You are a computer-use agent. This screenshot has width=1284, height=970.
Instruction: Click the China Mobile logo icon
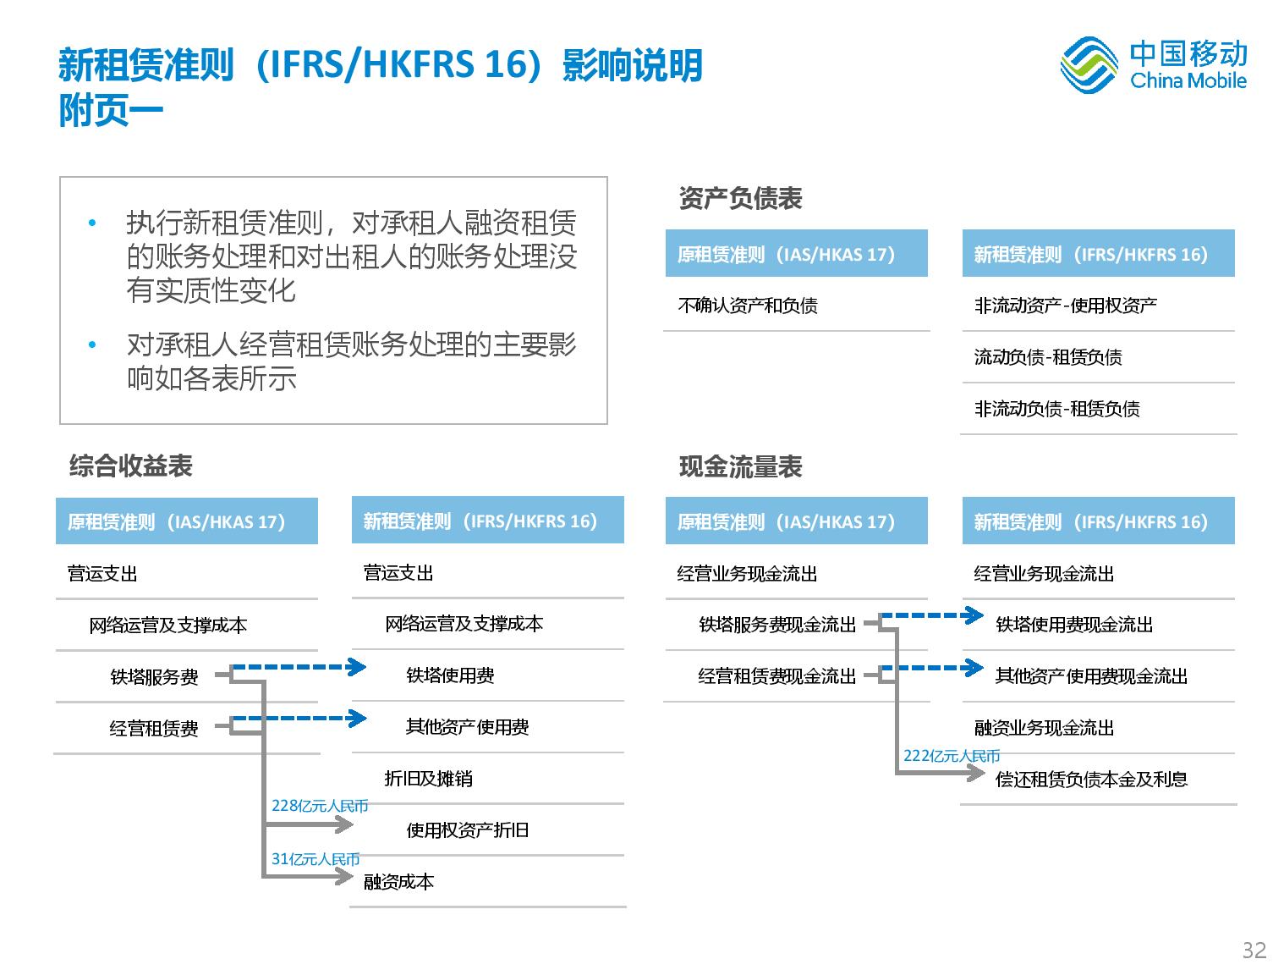1088,64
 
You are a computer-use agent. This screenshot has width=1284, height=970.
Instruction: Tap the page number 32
1254,950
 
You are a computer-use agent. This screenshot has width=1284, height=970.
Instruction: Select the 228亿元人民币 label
320,806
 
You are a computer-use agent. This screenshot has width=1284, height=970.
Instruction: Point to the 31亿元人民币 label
316,859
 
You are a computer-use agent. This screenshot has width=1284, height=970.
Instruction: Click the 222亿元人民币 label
951,756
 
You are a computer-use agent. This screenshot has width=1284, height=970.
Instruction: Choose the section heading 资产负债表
740,198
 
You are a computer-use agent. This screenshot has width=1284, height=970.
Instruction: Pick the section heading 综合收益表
130,466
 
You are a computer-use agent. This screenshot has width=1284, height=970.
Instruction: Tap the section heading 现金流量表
740,466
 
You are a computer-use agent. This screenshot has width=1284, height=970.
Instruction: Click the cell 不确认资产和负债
748,305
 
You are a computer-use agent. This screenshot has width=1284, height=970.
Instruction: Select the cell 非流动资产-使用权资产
1065,305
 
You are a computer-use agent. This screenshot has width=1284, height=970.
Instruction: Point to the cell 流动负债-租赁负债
1048,356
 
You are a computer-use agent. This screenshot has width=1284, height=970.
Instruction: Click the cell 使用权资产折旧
468,829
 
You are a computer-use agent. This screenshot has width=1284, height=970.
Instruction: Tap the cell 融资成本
398,881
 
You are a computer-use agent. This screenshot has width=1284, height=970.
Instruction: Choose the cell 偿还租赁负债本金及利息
1091,780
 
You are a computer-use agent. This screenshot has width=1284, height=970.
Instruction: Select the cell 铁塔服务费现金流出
777,625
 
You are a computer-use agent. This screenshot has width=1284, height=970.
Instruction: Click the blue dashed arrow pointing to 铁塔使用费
299,666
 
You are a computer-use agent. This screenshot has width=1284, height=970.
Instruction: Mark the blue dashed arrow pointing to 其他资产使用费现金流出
932,667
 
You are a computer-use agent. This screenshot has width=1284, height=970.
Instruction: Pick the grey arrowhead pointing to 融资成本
343,876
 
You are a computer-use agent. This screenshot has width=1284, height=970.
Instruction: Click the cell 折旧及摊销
428,778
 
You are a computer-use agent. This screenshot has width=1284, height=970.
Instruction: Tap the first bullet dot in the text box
92,223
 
